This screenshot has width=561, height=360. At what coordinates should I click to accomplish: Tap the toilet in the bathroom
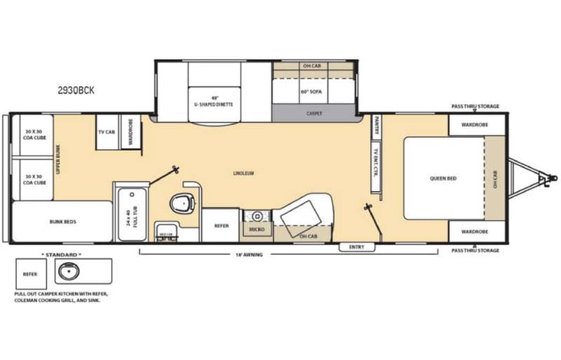tap(181, 203)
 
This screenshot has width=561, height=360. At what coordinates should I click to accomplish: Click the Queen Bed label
tap(443, 178)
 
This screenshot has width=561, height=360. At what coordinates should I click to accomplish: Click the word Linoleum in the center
tap(243, 173)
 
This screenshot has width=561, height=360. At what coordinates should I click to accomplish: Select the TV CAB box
tap(105, 131)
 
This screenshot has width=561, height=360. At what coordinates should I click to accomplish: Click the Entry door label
tap(356, 246)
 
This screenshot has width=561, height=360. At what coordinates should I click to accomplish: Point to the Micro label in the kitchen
tap(256, 229)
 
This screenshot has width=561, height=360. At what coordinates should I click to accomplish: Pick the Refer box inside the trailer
tap(221, 226)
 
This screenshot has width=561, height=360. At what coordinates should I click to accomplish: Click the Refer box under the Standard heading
tap(30, 272)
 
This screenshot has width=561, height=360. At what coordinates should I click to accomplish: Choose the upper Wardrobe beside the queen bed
tap(465, 124)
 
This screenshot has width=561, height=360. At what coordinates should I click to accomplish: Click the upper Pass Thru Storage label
tap(474, 107)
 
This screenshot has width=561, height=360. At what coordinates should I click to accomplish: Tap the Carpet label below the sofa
tap(314, 113)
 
